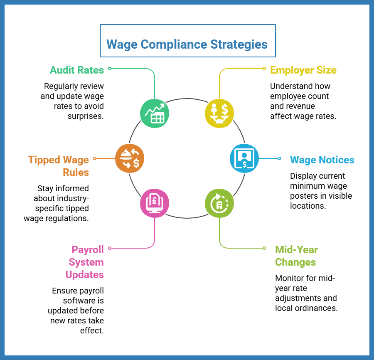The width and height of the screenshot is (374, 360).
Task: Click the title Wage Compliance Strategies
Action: [x=187, y=44]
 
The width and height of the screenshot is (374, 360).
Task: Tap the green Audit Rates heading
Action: [x=76, y=70]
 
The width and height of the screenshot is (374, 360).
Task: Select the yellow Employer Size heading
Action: [x=303, y=70]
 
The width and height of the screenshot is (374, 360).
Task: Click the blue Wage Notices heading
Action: [x=322, y=160]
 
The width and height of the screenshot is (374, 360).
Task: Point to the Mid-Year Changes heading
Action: [x=296, y=256]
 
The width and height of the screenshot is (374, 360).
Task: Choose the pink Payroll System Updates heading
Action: [x=85, y=262]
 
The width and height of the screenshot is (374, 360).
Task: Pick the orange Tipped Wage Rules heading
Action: [x=59, y=165]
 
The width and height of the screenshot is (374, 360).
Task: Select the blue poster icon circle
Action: [x=244, y=158]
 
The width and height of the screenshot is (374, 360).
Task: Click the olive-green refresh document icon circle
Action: [x=219, y=203]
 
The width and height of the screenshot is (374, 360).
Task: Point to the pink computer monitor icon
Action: [x=154, y=203]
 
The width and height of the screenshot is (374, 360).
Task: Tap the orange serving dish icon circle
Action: [x=130, y=158]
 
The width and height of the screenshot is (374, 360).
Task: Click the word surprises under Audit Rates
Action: [x=86, y=116]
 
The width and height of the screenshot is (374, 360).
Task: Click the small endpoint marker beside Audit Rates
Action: [x=109, y=68]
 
